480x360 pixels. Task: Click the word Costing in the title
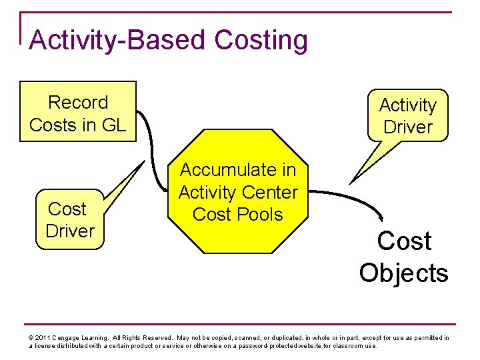(261, 40)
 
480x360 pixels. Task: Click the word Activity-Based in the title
(119, 40)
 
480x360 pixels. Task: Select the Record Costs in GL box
(78, 112)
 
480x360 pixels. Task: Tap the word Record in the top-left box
(78, 102)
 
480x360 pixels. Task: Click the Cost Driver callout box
(70, 220)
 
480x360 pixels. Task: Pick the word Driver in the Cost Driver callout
(70, 231)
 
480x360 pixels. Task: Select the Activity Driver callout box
(408, 115)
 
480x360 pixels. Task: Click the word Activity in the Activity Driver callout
(408, 105)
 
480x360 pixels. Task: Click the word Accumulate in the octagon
(238, 170)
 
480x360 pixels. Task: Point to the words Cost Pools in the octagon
(238, 215)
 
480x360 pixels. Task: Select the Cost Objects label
(404, 257)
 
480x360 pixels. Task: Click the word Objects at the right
(404, 273)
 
